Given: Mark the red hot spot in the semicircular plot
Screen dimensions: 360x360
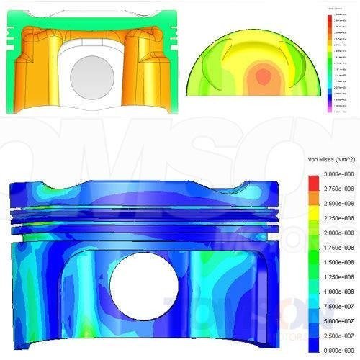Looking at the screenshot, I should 264,75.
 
